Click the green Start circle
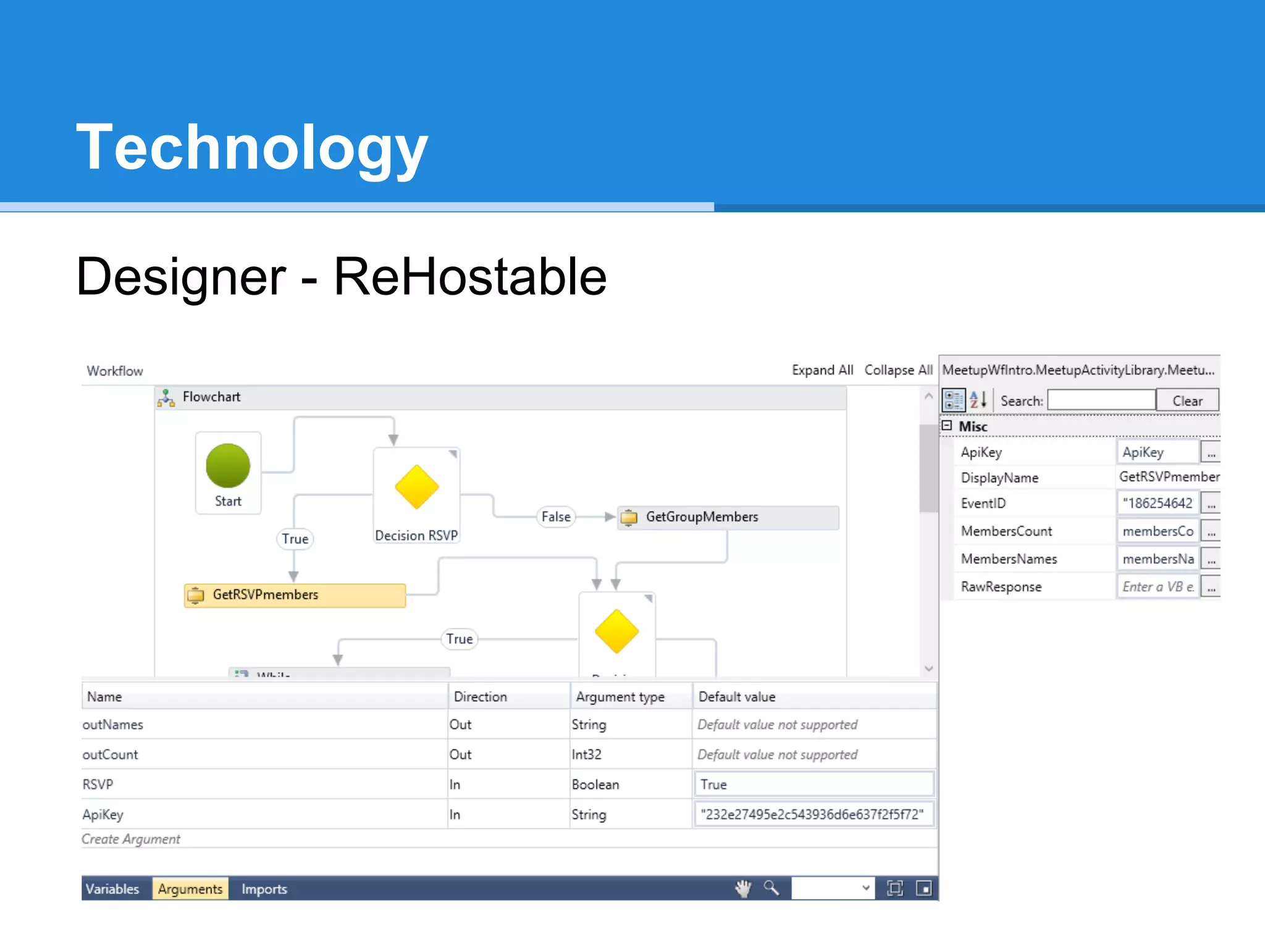pos(228,465)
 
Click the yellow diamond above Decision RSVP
pos(417,487)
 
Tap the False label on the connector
pos(556,517)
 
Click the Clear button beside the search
pos(1187,401)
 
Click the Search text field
pos(1101,401)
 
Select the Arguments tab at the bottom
pos(190,889)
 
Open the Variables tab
pos(112,889)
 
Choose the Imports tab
pos(264,889)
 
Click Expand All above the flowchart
pos(822,370)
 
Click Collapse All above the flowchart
pos(898,370)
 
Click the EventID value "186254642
pos(1157,504)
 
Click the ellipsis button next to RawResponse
pos(1211,587)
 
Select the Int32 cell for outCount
pos(587,754)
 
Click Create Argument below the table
pos(131,839)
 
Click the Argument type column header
pos(620,697)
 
